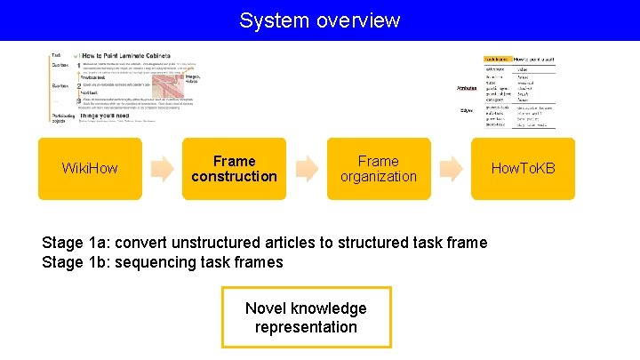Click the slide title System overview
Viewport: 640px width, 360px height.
click(319, 20)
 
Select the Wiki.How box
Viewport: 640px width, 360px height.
click(89, 168)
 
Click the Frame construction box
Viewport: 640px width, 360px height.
click(234, 168)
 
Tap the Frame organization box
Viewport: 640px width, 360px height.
click(378, 168)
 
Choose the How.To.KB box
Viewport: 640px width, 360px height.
click(523, 168)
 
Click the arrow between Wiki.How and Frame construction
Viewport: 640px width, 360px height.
click(162, 168)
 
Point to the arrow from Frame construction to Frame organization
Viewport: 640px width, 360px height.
click(306, 168)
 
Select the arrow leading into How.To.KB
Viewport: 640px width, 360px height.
click(451, 168)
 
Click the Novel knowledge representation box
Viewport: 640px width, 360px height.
click(306, 317)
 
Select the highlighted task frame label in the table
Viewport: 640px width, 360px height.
click(498, 58)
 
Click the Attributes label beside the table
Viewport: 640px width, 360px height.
click(466, 87)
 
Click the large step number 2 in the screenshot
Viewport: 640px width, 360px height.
click(79, 85)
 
